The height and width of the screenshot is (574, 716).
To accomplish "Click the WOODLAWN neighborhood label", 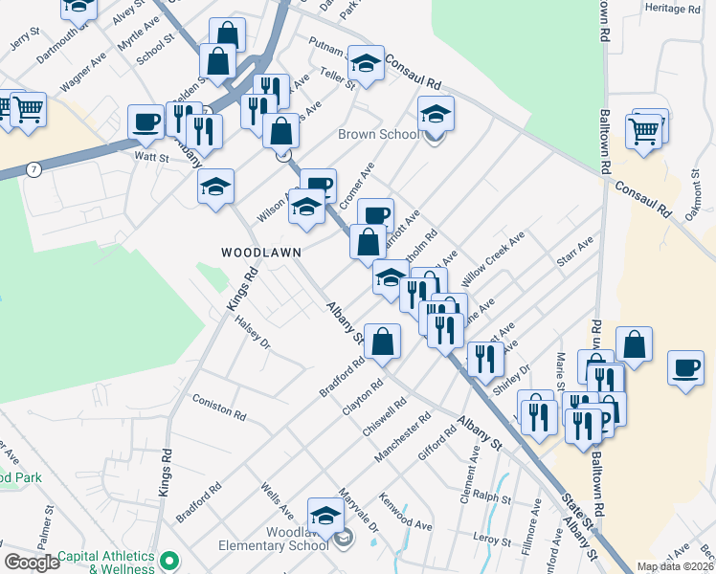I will [x=261, y=253].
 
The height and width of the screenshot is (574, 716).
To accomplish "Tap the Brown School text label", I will [x=378, y=135].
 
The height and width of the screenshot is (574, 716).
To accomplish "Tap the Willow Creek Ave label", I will [x=493, y=260].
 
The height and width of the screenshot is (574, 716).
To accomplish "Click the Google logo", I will [x=32, y=563].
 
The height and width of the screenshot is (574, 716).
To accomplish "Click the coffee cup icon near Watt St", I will [x=146, y=122].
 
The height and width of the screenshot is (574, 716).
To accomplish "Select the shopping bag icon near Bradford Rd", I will [x=382, y=342].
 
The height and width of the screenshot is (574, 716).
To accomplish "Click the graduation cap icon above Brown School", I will [x=436, y=115].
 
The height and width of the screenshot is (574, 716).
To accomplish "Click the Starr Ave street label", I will [x=576, y=251].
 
